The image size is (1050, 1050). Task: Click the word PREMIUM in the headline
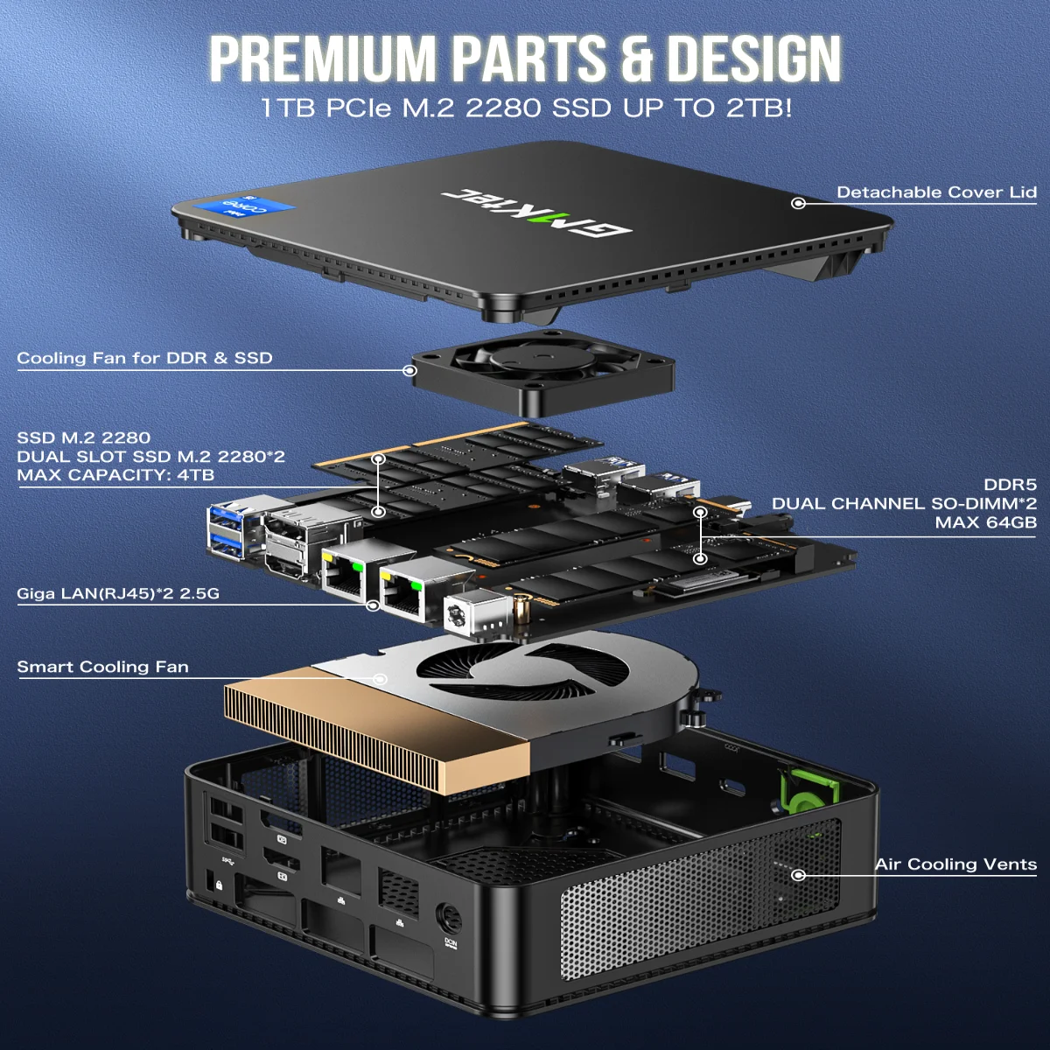(322, 59)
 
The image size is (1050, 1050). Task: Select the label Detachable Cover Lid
(936, 192)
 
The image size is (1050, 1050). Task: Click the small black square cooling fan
(542, 372)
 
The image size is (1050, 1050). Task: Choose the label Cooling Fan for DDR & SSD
(144, 358)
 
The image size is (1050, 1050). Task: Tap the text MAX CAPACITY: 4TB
(115, 475)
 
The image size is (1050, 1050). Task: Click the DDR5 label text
(1010, 485)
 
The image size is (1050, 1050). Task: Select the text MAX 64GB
(985, 523)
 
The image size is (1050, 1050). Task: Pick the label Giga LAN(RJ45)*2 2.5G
(118, 594)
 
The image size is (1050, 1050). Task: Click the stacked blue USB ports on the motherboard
(229, 530)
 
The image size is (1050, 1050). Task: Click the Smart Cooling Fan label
(102, 667)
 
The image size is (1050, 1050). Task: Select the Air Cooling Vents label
(955, 864)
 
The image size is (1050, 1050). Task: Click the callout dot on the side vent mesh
(797, 874)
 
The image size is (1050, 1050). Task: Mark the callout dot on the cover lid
(797, 203)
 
